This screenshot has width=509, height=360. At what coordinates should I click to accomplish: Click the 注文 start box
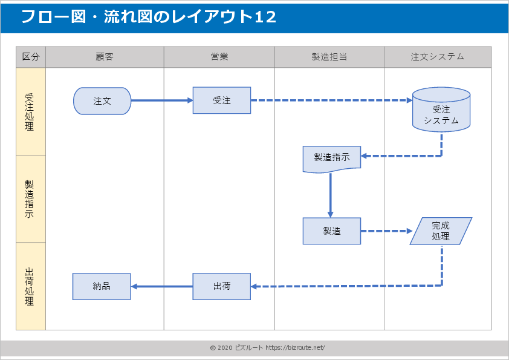102,101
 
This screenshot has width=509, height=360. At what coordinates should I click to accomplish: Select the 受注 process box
222,100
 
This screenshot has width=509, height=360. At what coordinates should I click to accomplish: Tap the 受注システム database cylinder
441,112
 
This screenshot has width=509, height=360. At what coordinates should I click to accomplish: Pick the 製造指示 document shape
332,158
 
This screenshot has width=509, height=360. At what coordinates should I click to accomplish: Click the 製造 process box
332,231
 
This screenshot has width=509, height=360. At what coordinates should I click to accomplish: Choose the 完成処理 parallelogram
441,231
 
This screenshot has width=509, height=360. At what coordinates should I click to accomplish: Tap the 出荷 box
222,286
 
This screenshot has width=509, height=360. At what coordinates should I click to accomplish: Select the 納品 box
102,286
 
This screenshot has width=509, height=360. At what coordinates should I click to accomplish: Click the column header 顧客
105,57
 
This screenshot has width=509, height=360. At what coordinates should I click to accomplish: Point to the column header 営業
219,57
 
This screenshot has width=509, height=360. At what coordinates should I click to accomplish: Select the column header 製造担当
329,57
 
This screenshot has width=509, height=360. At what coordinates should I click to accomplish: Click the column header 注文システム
438,57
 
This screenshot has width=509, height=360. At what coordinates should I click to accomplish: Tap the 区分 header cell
31,57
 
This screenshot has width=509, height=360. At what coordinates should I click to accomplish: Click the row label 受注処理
30,112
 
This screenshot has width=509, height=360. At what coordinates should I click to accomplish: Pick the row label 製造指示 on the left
30,199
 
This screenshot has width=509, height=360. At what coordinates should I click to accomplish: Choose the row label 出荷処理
30,286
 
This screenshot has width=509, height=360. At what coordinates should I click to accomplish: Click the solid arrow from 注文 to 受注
161,100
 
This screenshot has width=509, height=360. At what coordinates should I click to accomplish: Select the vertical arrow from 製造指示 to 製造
331,195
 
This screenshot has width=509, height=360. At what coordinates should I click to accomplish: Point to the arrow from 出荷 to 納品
162,286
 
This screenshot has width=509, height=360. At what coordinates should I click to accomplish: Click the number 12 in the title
265,17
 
